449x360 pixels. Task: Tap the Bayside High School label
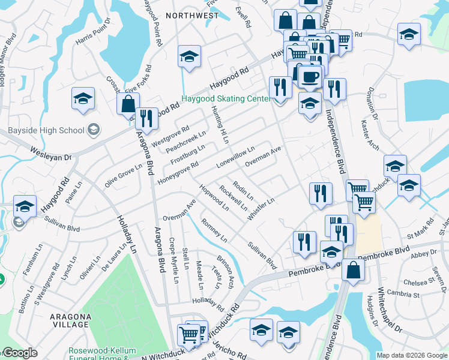pyautogui.click(x=46, y=130)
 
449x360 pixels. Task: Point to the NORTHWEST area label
pyautogui.click(x=192, y=15)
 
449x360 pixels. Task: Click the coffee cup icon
pyautogui.click(x=310, y=77)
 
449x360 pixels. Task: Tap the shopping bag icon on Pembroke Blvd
pyautogui.click(x=353, y=270)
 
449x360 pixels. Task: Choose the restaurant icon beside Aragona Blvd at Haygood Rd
pyautogui.click(x=146, y=118)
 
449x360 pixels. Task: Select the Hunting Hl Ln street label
pyautogui.click(x=220, y=124)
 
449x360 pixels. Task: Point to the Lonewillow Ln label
pyautogui.click(x=237, y=157)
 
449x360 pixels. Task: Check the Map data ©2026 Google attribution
pyautogui.click(x=412, y=355)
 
